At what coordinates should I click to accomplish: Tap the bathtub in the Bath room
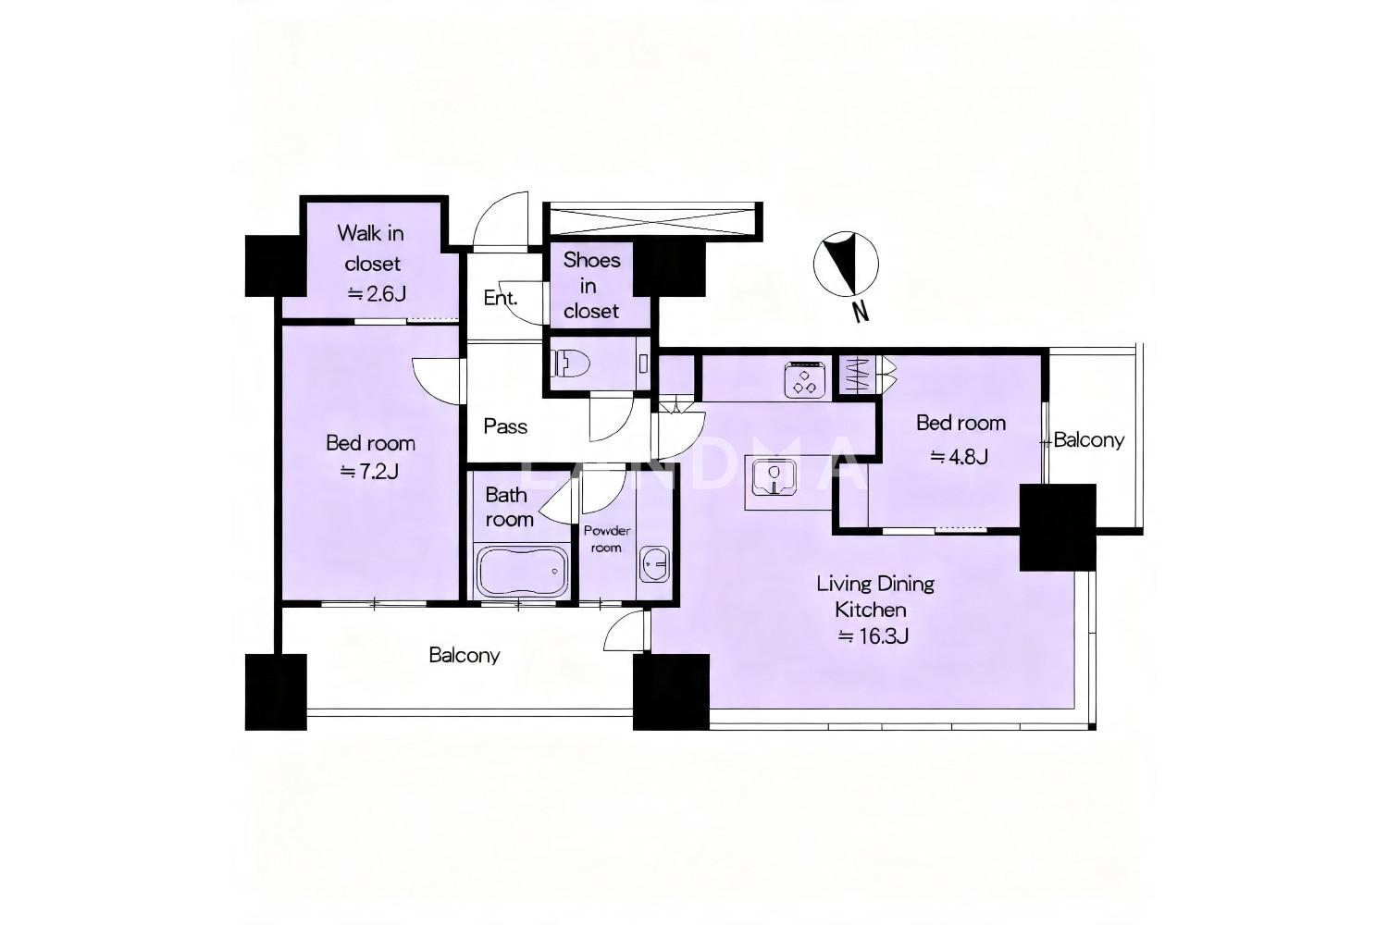(522, 572)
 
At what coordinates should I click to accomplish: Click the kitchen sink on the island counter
(774, 477)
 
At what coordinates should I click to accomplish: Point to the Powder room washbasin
(654, 564)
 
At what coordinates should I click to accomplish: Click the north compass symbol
(846, 264)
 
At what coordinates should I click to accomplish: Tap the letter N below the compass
(860, 312)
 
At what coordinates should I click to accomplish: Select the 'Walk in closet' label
(372, 249)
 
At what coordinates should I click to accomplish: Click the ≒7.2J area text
(369, 472)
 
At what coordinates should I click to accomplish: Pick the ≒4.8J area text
(960, 457)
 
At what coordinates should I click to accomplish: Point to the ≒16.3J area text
(874, 636)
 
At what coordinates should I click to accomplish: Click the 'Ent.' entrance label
(501, 298)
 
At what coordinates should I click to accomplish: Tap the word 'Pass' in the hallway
(505, 426)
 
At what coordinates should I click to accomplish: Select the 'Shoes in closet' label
(592, 286)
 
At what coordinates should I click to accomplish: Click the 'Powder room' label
(607, 539)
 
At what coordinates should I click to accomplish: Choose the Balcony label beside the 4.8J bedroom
(1089, 440)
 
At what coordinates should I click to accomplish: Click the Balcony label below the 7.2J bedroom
(465, 655)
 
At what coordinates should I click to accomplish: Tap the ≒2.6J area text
(377, 293)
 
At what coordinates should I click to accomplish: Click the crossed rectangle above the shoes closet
(652, 221)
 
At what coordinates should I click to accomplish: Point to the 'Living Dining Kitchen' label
(874, 597)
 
